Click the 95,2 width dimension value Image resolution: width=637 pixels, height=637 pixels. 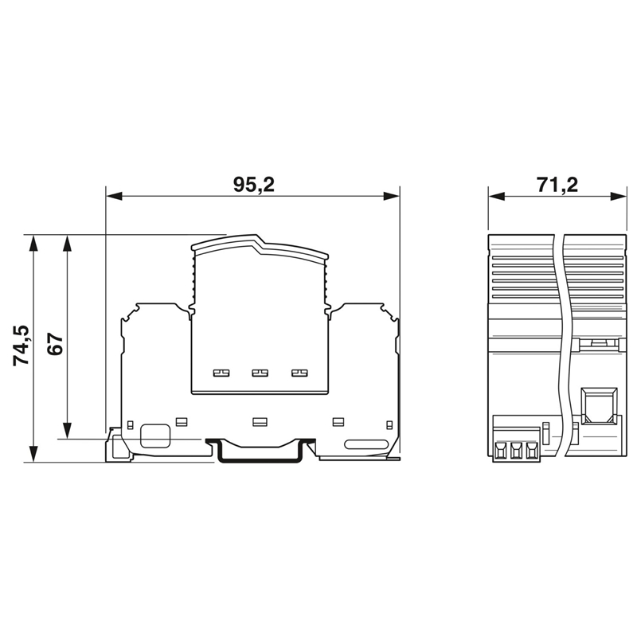[x=254, y=185]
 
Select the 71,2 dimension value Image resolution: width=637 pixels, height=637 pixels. [x=557, y=185]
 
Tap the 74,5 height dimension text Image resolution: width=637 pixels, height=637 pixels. [x=21, y=346]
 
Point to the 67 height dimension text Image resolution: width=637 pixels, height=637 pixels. [x=55, y=345]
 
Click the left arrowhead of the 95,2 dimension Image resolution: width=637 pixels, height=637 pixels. [x=114, y=197]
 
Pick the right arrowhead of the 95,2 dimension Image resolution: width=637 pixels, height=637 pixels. [x=392, y=197]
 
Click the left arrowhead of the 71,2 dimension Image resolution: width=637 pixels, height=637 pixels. [x=496, y=197]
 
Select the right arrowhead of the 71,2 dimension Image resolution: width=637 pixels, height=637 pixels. [x=619, y=197]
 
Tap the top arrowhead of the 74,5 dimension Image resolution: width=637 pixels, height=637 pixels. [x=33, y=243]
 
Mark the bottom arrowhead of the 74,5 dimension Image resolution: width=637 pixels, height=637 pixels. [x=33, y=454]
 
